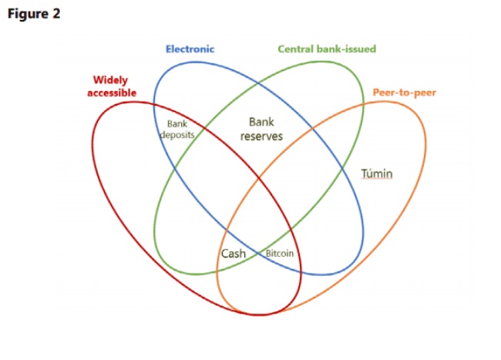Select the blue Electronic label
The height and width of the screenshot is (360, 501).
190,49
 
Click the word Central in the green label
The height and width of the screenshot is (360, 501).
295,49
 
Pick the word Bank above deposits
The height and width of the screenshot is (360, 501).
177,123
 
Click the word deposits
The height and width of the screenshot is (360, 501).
177,134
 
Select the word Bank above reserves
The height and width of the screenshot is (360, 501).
262,122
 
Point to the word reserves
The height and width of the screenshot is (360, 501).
262,136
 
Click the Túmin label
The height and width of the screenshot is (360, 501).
377,174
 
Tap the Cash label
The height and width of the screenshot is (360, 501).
233,254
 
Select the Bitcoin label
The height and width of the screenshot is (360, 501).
279,254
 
